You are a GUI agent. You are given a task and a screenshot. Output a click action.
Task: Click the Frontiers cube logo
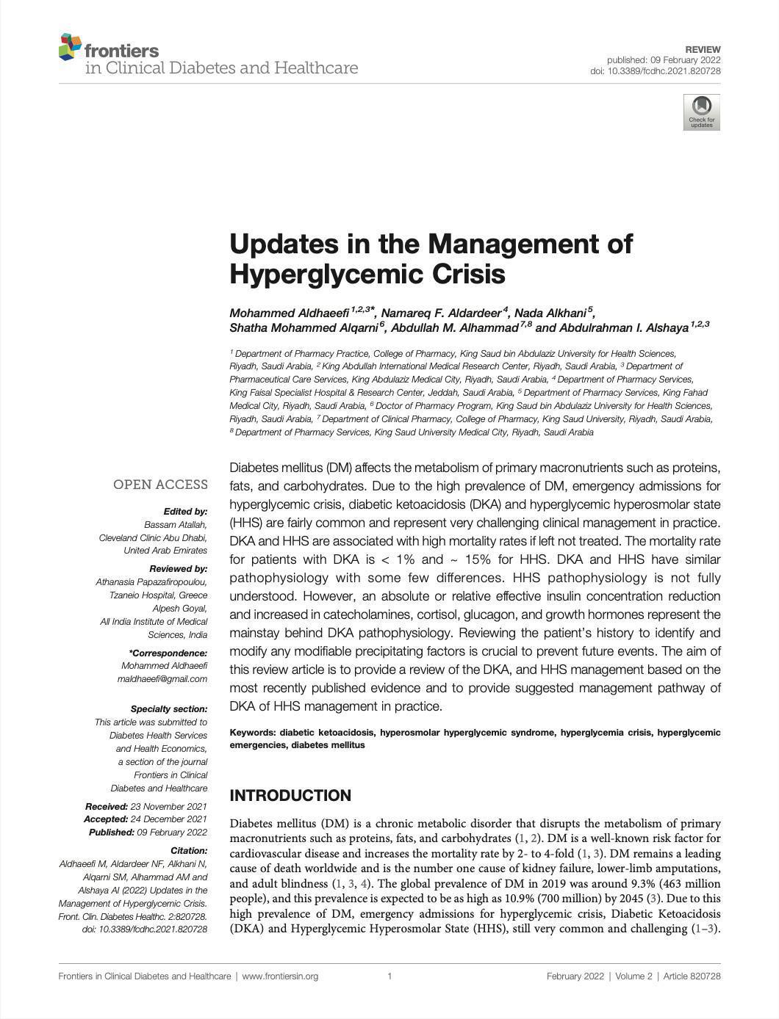point(70,47)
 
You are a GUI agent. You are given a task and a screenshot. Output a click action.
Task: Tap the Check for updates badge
point(701,112)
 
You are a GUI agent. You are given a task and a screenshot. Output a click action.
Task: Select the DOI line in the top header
point(655,71)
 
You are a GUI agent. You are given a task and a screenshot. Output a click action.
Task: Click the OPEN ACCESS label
point(160,485)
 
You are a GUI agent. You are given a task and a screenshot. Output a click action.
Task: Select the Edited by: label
point(185,511)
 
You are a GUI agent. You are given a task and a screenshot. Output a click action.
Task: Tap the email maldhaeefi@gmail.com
point(162,679)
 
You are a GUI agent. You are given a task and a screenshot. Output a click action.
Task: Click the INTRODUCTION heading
point(290,796)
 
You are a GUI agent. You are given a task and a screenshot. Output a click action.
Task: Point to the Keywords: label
point(253,733)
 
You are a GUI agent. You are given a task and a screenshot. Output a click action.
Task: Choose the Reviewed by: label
point(178,569)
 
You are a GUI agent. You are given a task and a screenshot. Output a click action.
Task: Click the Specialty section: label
point(169,709)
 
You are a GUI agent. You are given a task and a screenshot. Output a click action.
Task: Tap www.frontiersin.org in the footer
point(280,976)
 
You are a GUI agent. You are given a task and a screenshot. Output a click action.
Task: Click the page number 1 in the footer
point(389,976)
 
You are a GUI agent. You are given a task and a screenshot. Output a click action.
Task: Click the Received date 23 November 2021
point(168,807)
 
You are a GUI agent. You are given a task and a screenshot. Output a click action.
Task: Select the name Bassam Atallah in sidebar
point(176,524)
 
